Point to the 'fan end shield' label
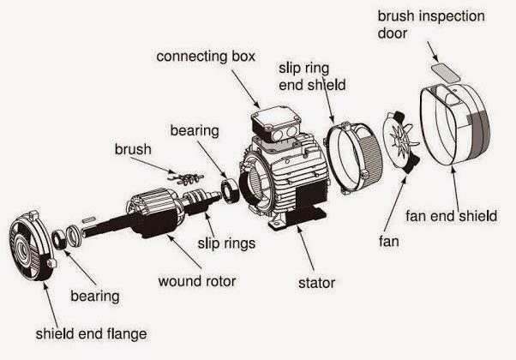450,215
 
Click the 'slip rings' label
226,243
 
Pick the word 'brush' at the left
133,149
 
